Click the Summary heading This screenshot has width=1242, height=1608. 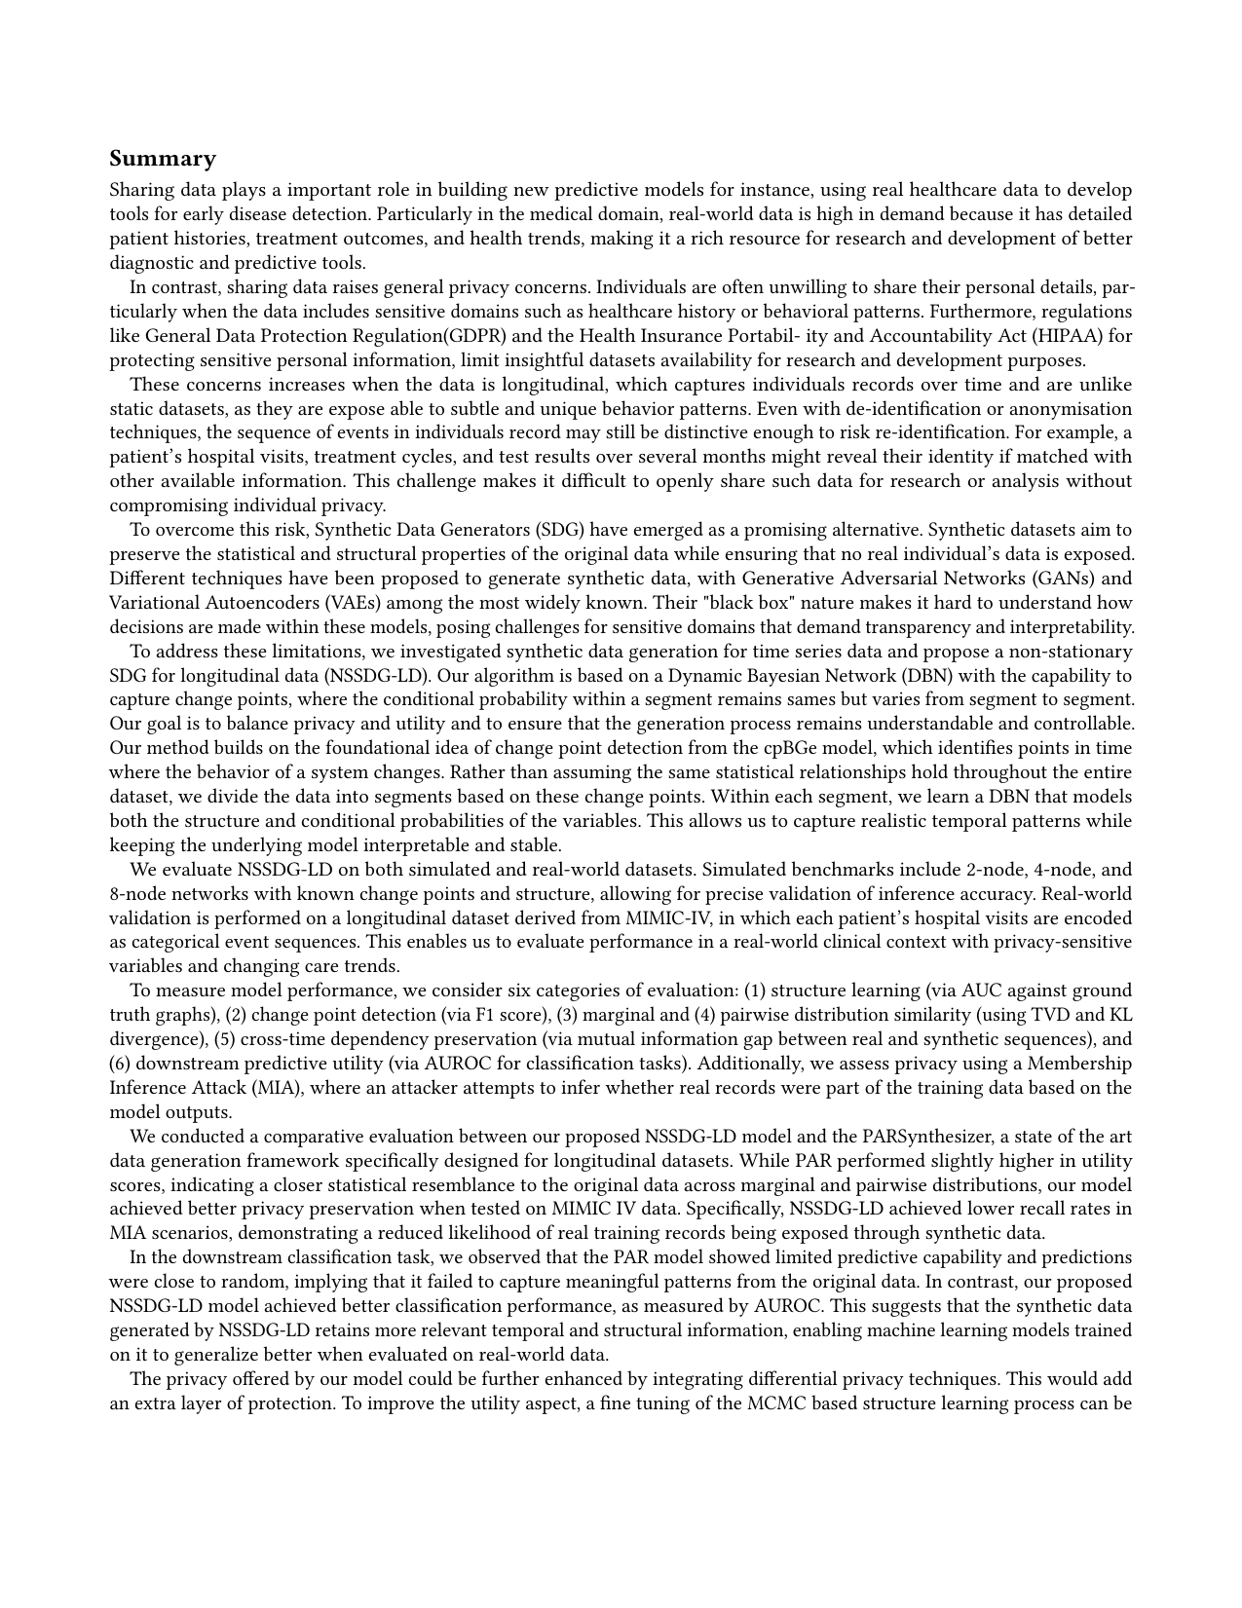pos(163,159)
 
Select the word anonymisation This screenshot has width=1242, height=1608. pos(1074,409)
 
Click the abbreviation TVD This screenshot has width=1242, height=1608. pos(1069,1015)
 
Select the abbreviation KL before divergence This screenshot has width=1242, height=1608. pos(1120,1015)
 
